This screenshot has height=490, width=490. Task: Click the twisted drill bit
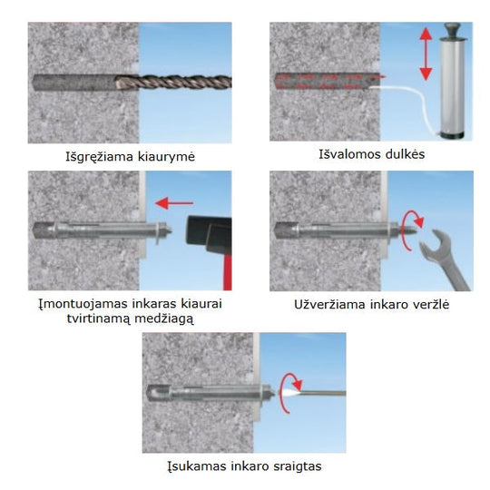click(173, 83)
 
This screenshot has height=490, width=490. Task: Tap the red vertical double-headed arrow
click(426, 54)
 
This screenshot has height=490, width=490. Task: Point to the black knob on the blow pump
click(453, 29)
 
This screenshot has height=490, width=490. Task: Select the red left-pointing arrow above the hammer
click(174, 203)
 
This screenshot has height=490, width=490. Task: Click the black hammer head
click(209, 234)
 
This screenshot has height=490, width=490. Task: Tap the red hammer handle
click(227, 271)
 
